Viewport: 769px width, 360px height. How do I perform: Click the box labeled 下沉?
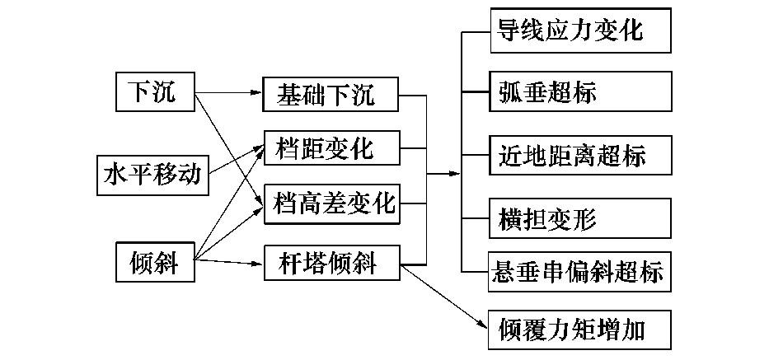click(153, 91)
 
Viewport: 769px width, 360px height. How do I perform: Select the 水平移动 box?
click(152, 175)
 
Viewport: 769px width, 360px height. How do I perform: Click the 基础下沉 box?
click(331, 95)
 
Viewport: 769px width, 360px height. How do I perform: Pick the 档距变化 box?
click(331, 150)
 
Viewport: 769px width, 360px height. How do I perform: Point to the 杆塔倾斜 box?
click(331, 264)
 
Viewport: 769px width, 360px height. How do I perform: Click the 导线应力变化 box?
click(579, 31)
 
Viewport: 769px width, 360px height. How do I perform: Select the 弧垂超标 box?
click(579, 92)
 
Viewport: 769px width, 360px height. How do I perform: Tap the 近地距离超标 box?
click(579, 155)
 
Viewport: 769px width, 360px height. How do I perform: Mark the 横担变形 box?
click(579, 220)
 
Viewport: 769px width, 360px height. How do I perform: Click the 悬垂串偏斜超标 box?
click(579, 271)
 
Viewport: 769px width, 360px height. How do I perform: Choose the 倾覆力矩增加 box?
click(579, 330)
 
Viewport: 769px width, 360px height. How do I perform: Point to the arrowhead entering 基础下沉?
click(256, 95)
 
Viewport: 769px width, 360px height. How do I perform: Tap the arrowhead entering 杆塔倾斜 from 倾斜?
click(256, 264)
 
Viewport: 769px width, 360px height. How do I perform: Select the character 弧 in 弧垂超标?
click(509, 92)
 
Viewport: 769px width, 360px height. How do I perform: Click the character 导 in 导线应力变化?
click(508, 31)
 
